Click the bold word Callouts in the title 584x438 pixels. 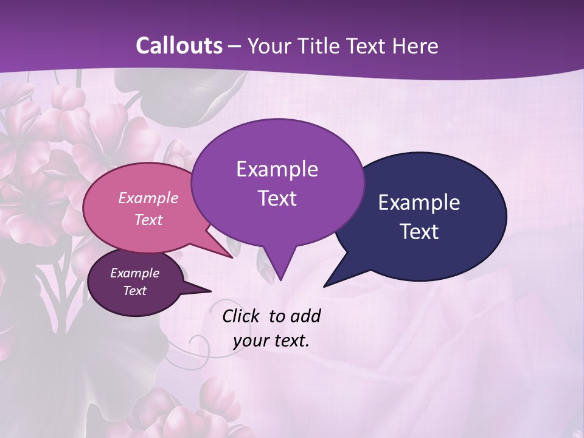tap(179, 46)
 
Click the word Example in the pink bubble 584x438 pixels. tap(148, 198)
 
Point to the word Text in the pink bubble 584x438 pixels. tap(148, 220)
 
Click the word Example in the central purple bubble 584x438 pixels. tap(277, 169)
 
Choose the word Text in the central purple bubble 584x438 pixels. tap(277, 198)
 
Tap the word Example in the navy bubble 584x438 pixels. tap(419, 203)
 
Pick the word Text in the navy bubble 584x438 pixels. tap(419, 232)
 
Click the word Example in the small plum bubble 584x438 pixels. tap(134, 273)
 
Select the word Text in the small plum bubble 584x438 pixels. tap(134, 291)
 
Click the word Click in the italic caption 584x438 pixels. tap(242, 316)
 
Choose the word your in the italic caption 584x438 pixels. tap(251, 341)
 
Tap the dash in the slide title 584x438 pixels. tap(235, 46)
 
